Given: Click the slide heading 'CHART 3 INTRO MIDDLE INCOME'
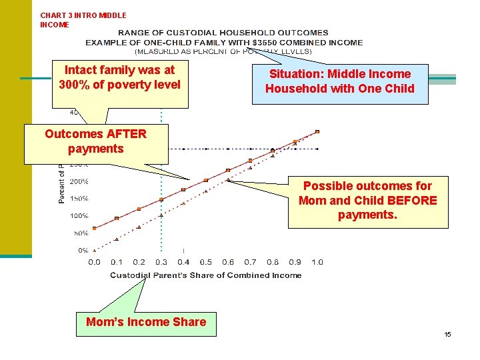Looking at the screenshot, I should (83, 20).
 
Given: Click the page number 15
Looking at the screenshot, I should (448, 334).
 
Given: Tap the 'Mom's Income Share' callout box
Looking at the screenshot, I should (146, 323).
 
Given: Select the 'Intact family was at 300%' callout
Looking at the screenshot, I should (120, 77).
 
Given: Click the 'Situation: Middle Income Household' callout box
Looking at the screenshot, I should (339, 82).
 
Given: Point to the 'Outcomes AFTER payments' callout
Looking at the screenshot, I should (96, 141).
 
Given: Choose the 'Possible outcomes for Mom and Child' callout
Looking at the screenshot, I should (367, 201).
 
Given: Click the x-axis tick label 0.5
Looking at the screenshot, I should (206, 262).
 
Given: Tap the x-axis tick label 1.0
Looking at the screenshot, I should (317, 262).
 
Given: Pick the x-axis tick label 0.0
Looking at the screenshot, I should (95, 262).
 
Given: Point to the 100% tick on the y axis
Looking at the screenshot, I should (79, 216).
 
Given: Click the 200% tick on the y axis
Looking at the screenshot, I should (79, 181).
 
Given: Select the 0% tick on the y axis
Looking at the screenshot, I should (83, 251).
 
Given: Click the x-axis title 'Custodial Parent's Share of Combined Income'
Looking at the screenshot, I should (205, 275).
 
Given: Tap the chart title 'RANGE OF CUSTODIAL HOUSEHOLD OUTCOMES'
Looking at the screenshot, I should (223, 33).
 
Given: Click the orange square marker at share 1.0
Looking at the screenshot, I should (317, 131).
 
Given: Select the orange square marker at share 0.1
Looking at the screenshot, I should (117, 218).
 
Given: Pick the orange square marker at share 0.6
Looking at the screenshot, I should (228, 170).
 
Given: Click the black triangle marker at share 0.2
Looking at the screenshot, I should (139, 227).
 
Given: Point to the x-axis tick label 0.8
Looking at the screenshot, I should (273, 262).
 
